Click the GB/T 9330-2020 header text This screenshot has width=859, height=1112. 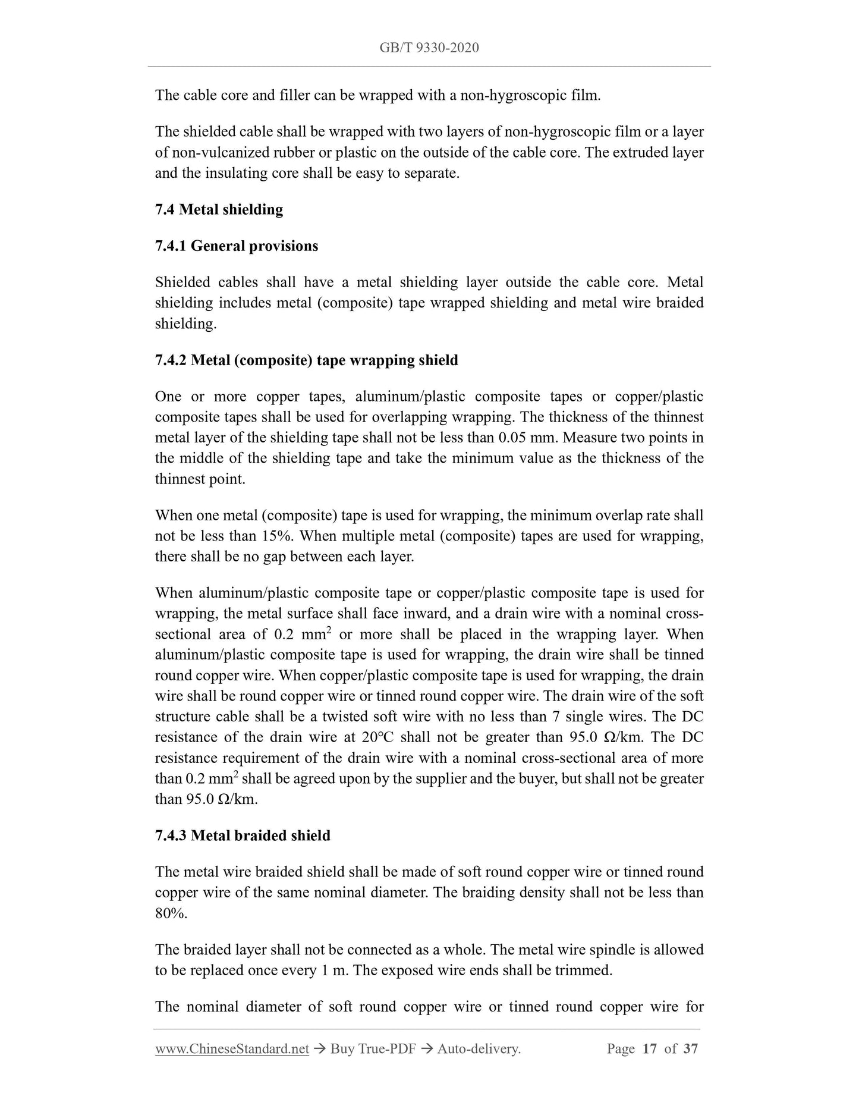point(429,48)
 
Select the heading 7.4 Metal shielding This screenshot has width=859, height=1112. point(219,209)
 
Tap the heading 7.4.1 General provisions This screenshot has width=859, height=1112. point(236,246)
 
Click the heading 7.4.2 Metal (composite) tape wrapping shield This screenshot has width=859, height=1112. point(306,360)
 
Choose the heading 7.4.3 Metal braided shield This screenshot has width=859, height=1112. point(243,835)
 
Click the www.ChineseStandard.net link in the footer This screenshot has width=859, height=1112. point(232,1066)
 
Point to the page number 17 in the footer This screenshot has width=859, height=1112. point(650,1066)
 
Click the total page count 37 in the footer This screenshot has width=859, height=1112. point(690,1066)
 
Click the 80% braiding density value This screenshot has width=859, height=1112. point(171,913)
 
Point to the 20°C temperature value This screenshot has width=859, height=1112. point(376,737)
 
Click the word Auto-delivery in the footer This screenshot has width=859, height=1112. point(479,1066)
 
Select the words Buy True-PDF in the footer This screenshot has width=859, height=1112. point(373,1066)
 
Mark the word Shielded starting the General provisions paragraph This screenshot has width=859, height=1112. point(183,282)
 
